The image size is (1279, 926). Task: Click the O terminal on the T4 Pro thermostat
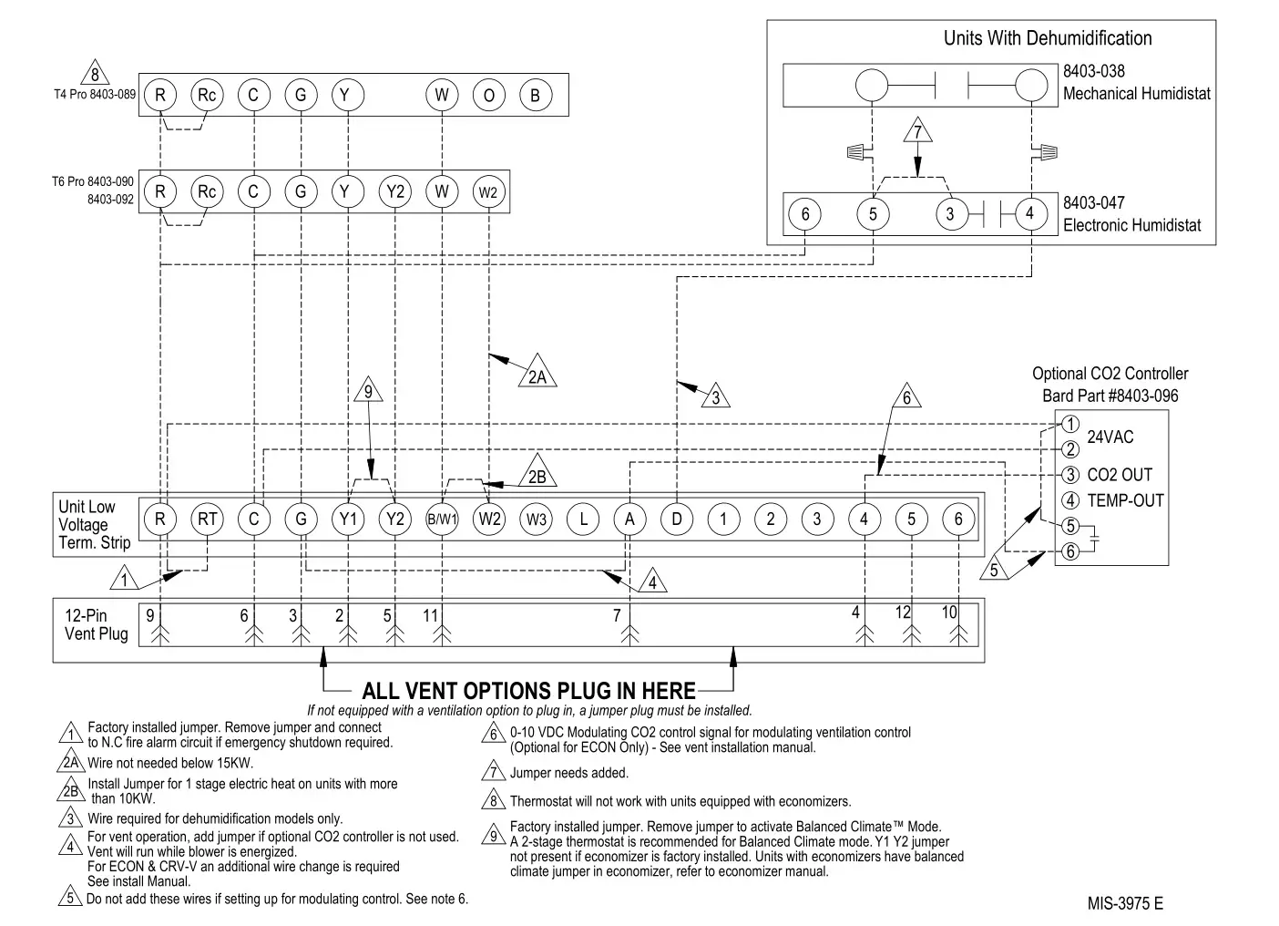(488, 95)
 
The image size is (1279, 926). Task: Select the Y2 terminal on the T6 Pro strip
(394, 191)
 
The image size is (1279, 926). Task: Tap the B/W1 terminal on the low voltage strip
(442, 520)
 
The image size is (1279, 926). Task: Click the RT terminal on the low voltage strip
(207, 520)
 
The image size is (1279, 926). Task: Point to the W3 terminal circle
(536, 520)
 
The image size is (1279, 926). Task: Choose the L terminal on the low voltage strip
(583, 520)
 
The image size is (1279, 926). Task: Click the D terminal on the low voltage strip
(676, 520)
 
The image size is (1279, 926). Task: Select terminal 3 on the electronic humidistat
(950, 214)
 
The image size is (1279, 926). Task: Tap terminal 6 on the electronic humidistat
(804, 214)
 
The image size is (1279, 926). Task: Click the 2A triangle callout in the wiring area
(537, 374)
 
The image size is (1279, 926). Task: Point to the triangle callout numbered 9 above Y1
(368, 392)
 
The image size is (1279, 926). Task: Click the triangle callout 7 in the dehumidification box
(917, 133)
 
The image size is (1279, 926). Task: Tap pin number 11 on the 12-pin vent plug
(431, 616)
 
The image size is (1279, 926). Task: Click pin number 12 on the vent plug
(902, 612)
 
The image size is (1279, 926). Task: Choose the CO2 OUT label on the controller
(1119, 475)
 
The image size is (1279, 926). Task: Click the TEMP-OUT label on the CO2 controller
(1125, 500)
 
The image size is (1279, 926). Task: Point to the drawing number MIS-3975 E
(1124, 903)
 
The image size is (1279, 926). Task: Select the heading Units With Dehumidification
(1047, 38)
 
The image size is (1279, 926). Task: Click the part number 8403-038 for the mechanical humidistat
(1093, 71)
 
